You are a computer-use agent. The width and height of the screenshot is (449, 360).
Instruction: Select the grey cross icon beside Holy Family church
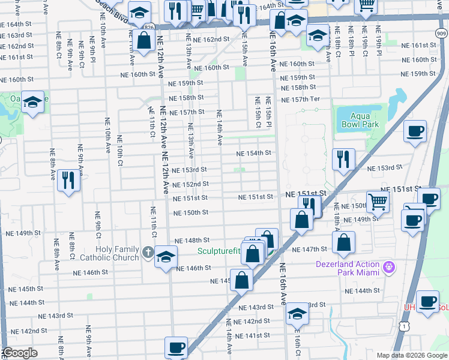pos(149,251)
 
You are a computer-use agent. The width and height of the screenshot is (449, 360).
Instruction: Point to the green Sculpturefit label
pos(221,251)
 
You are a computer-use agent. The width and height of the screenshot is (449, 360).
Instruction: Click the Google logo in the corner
pos(20,353)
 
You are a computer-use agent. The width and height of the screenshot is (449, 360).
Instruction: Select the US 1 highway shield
pos(406,326)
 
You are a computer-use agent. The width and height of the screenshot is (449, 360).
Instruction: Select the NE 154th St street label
pos(254,154)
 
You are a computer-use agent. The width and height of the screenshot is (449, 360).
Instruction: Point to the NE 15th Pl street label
pos(269,112)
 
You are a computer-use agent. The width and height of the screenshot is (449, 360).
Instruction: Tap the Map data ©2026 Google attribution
pos(411,355)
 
